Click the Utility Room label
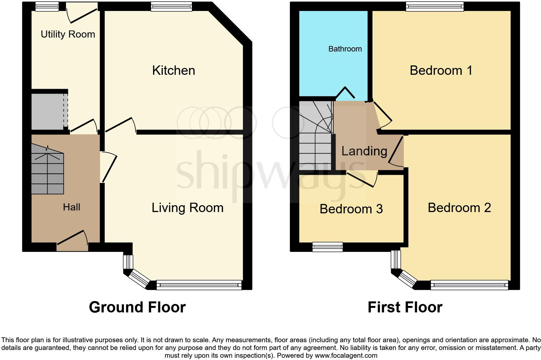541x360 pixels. point(68,34)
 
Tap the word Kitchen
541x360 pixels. point(173,71)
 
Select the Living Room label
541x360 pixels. point(187,208)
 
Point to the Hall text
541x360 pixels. point(72,207)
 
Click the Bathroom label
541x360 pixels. point(345,49)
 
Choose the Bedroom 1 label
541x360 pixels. point(441,71)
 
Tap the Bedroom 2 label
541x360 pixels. point(459,208)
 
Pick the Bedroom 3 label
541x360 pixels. point(351,209)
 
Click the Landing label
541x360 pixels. point(364,151)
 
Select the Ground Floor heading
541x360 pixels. point(137,307)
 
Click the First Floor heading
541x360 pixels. point(405,307)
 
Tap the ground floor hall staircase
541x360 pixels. point(48,170)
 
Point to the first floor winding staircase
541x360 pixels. point(316,136)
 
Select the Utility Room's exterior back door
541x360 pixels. point(82,12)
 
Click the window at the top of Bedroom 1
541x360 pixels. point(435,6)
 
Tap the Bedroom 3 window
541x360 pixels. point(327,247)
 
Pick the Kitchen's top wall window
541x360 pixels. point(171,6)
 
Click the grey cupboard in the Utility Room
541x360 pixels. point(48,111)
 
